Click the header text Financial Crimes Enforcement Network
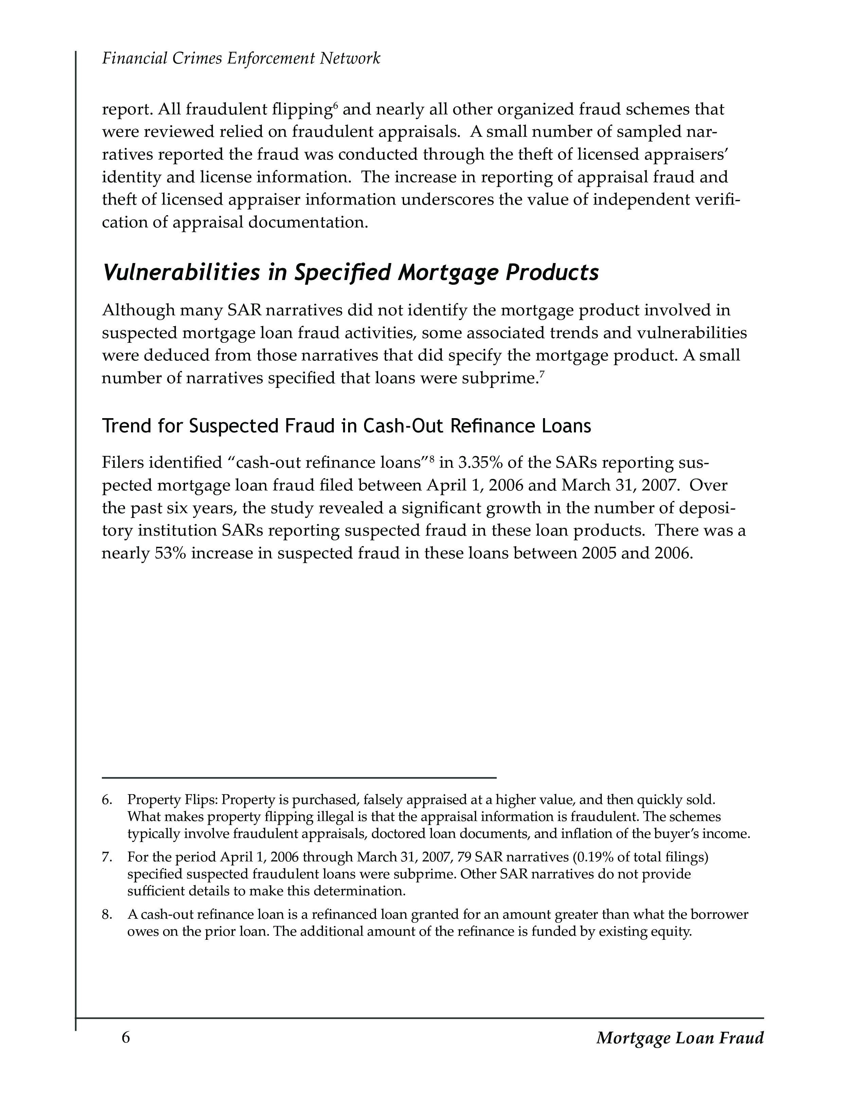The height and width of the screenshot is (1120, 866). [241, 58]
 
